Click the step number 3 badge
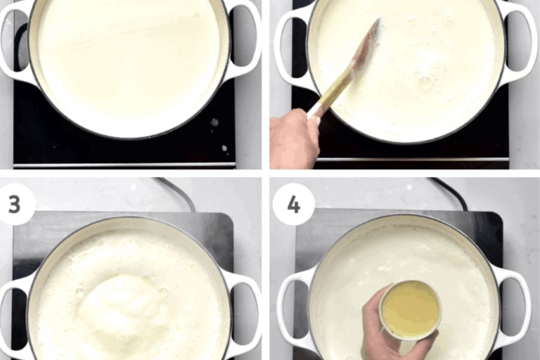(x=15, y=204)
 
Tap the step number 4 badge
(x=293, y=204)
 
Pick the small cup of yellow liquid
(x=410, y=310)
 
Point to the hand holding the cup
(x=392, y=327)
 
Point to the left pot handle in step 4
(x=295, y=307)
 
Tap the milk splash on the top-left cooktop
(x=214, y=123)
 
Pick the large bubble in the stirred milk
(x=425, y=82)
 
